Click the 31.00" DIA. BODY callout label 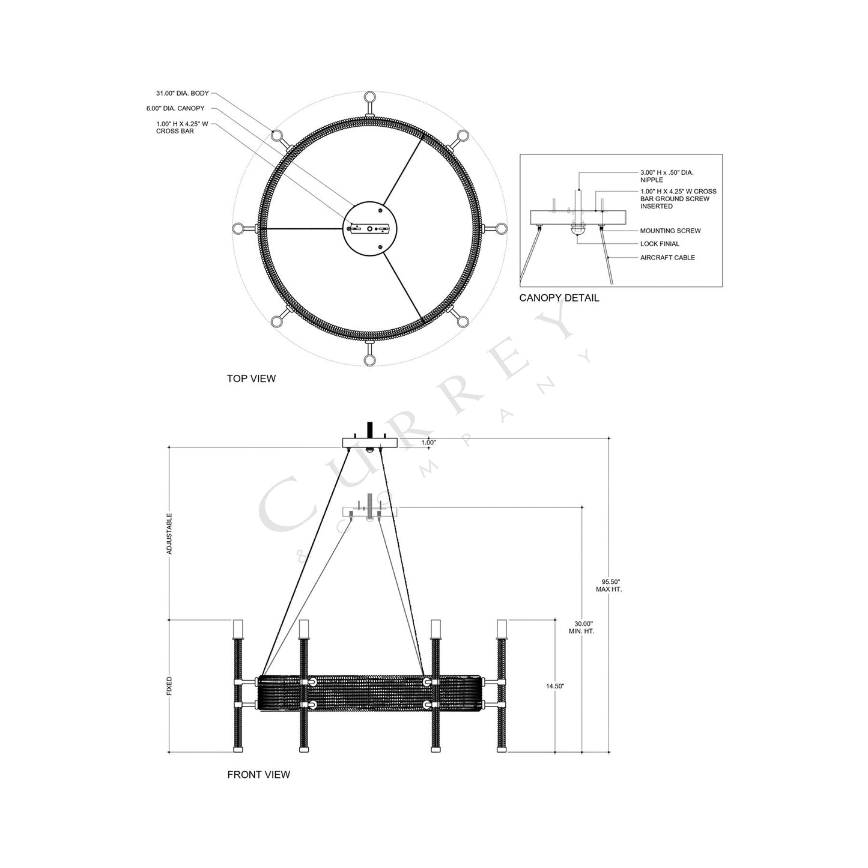[183, 94]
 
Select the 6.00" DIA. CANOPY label [175, 109]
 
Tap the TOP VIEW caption [251, 378]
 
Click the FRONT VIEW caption [258, 775]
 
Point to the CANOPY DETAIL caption [559, 298]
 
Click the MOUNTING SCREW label [670, 231]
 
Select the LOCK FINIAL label [660, 244]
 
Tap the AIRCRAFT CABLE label [667, 258]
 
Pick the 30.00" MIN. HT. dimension [581, 628]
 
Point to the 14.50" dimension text [554, 686]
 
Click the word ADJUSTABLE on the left [169, 533]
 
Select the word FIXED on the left [169, 686]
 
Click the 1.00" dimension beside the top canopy [428, 443]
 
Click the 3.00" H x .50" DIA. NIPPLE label [667, 176]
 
